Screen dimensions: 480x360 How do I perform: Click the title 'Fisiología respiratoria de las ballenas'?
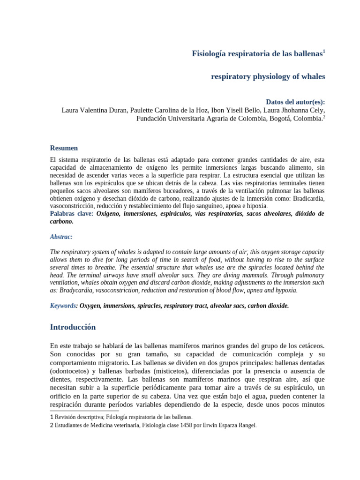257,54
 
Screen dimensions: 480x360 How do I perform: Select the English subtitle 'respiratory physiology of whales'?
268,76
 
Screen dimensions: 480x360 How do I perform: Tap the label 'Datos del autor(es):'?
295,102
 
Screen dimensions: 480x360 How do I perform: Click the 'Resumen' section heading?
64,148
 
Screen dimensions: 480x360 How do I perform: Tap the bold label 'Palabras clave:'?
72,214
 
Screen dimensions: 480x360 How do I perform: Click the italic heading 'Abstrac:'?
61,237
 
